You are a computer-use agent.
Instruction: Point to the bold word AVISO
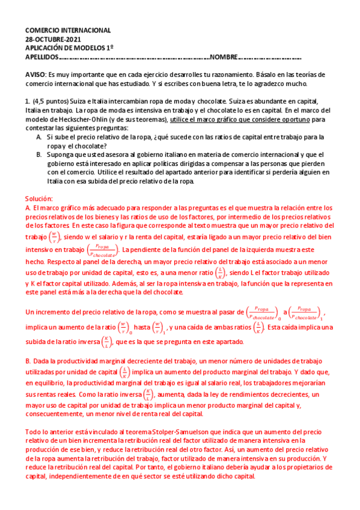tap(35, 72)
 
